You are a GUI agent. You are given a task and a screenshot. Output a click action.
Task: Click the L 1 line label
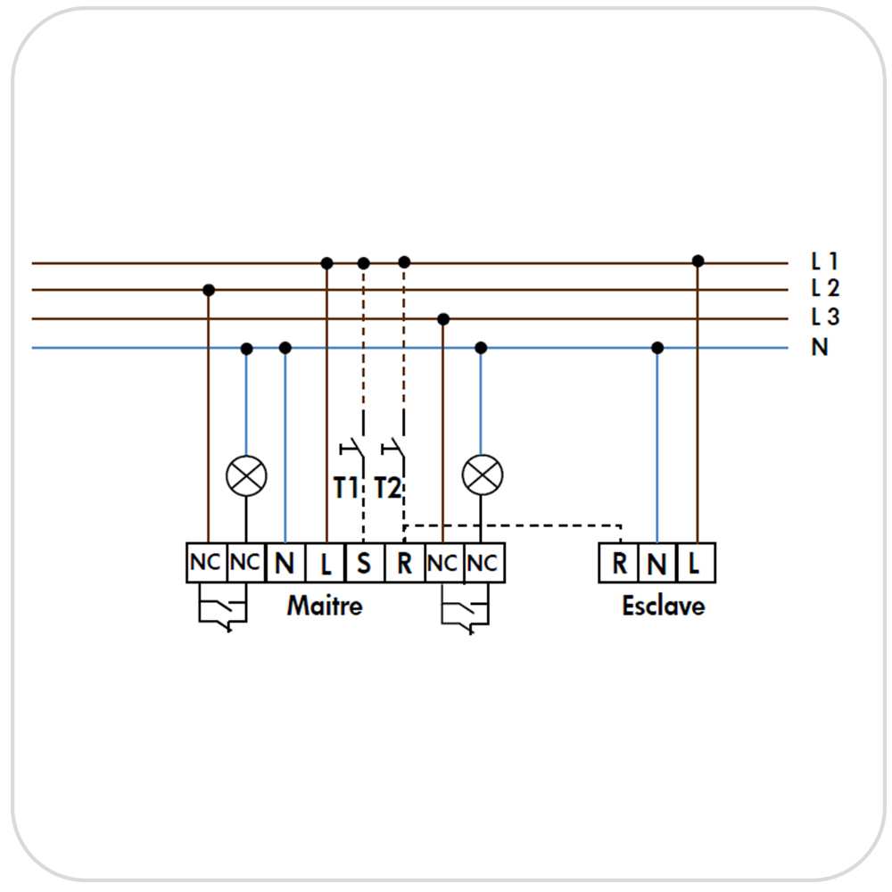click(824, 261)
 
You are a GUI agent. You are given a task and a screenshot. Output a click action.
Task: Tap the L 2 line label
click(825, 288)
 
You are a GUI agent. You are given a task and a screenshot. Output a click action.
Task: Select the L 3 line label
click(825, 317)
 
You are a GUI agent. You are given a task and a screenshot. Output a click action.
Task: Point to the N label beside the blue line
click(819, 347)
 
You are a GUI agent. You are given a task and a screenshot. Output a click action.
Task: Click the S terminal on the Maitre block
click(364, 563)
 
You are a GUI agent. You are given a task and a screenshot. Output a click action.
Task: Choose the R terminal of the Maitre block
click(404, 563)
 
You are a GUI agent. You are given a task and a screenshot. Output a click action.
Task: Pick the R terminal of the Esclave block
click(619, 563)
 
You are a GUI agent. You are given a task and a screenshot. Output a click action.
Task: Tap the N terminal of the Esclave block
click(657, 563)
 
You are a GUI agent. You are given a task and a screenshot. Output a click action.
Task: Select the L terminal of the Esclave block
click(696, 563)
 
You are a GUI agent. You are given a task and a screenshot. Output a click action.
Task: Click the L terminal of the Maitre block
click(326, 563)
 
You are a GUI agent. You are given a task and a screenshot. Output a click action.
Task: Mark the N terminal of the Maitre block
click(285, 563)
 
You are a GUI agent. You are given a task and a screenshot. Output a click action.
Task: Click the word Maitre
click(325, 606)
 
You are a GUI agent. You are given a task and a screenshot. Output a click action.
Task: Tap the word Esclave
click(664, 606)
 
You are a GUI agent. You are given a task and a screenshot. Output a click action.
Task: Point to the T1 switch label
click(345, 488)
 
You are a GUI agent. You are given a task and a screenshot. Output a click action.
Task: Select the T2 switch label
click(387, 488)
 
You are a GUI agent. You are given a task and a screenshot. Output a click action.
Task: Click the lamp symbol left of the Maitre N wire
click(246, 475)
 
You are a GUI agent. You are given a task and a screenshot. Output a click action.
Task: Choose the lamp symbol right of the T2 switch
click(483, 475)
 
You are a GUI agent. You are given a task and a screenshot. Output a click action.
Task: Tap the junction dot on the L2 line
click(209, 290)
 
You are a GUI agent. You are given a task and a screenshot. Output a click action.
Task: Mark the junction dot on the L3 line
click(443, 319)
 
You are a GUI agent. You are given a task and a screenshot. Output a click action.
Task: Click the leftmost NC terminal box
click(207, 563)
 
